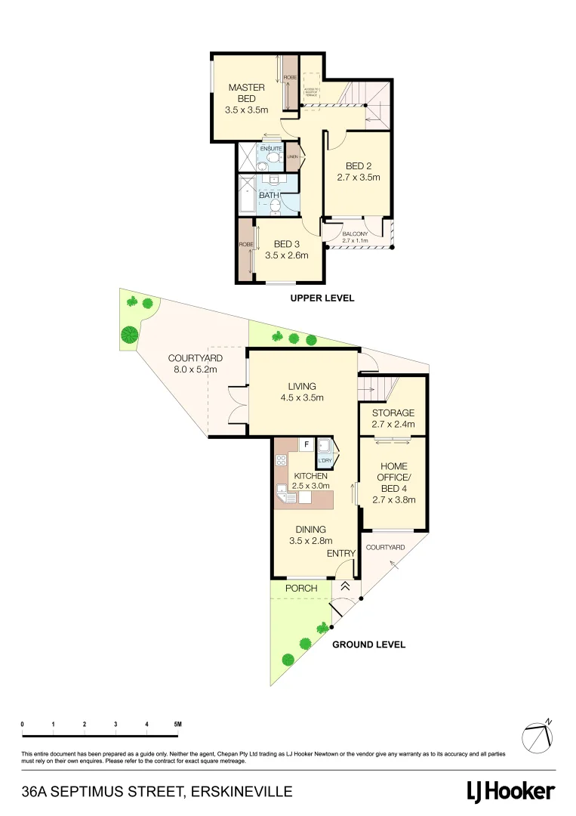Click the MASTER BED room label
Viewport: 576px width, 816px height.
click(246, 93)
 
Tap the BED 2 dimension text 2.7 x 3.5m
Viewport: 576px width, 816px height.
click(358, 178)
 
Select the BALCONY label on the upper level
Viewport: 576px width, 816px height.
click(355, 234)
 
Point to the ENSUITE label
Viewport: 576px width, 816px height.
click(270, 149)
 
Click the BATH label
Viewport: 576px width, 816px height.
click(269, 196)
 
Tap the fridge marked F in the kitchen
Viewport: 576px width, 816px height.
click(306, 444)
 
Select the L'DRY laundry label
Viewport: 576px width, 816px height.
click(325, 460)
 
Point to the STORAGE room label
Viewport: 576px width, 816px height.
click(393, 413)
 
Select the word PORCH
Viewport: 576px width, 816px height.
click(300, 589)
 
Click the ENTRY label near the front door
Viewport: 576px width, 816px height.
click(340, 554)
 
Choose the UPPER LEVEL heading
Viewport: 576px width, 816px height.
click(322, 298)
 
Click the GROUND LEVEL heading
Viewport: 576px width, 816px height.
click(369, 644)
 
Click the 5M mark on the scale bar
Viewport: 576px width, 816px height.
click(177, 725)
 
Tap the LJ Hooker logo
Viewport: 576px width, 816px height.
click(510, 792)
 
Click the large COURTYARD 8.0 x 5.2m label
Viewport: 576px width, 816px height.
click(193, 364)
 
